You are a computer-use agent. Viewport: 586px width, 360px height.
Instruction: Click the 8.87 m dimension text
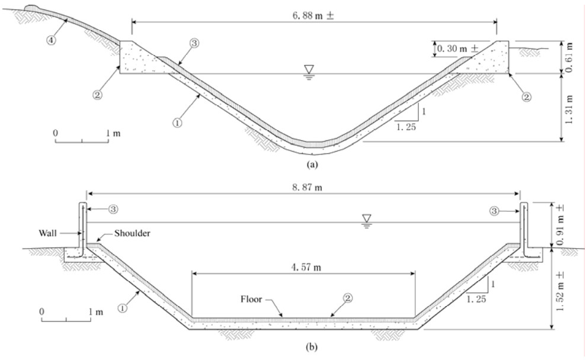(x=303, y=185)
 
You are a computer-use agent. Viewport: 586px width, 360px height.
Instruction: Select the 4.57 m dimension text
(x=303, y=267)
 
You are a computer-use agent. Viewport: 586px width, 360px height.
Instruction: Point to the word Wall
(x=49, y=234)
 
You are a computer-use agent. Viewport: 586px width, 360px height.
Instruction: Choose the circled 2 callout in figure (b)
(x=348, y=300)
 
